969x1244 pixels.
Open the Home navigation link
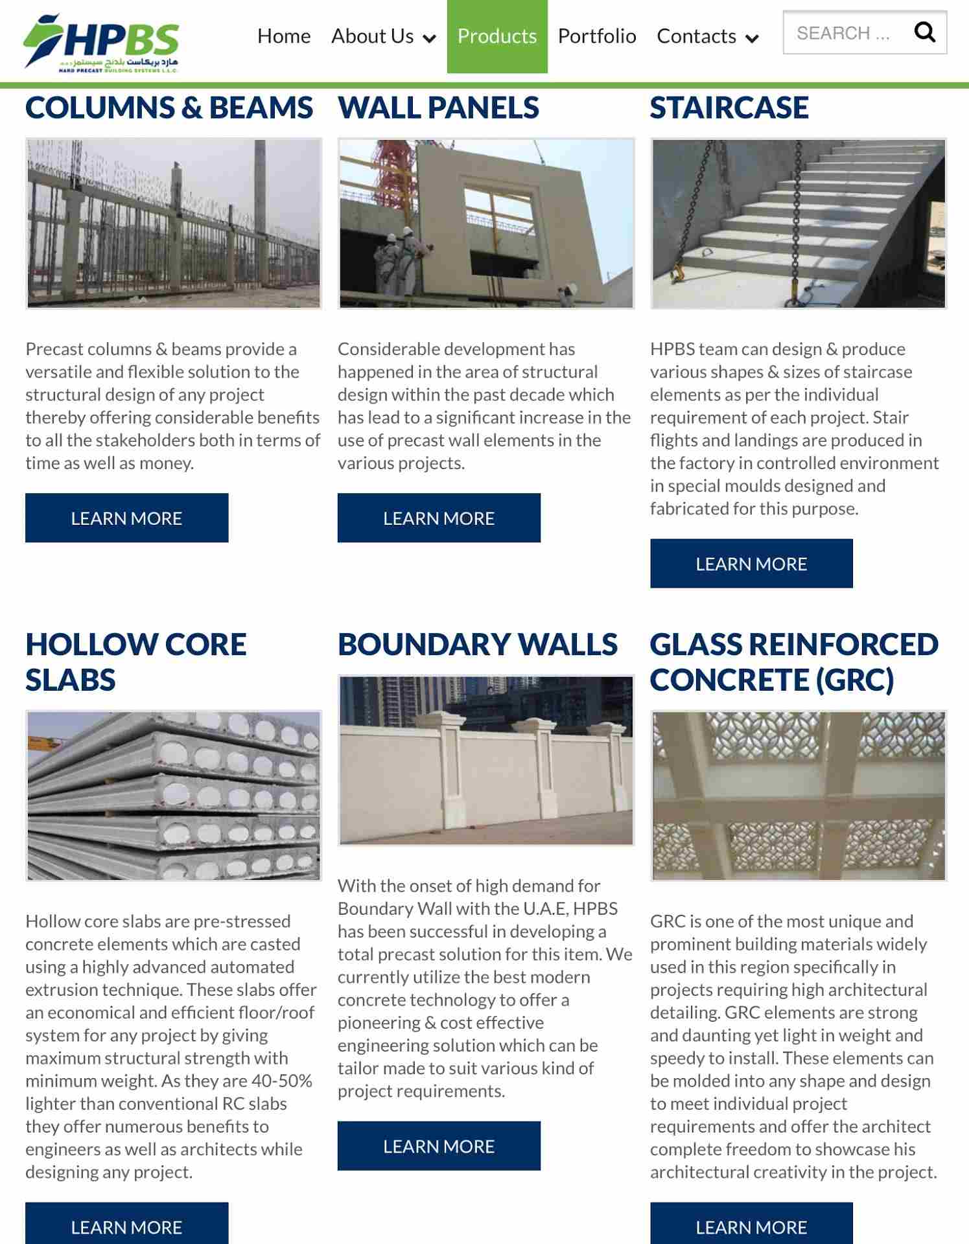(284, 36)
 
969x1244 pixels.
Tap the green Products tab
(497, 36)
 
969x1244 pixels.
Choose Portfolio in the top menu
(597, 36)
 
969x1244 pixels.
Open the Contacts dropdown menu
(706, 36)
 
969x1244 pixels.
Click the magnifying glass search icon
(924, 32)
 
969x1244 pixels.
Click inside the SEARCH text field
(843, 33)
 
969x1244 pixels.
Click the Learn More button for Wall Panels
(439, 518)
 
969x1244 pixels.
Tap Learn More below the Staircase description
(751, 564)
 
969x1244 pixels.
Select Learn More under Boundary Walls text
(439, 1146)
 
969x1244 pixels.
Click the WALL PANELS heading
(438, 108)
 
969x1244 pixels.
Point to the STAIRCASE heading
(729, 108)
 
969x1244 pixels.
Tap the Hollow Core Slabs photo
(174, 796)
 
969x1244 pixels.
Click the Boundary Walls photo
(486, 760)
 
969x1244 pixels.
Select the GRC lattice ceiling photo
(799, 796)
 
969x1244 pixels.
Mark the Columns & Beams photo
(174, 224)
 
